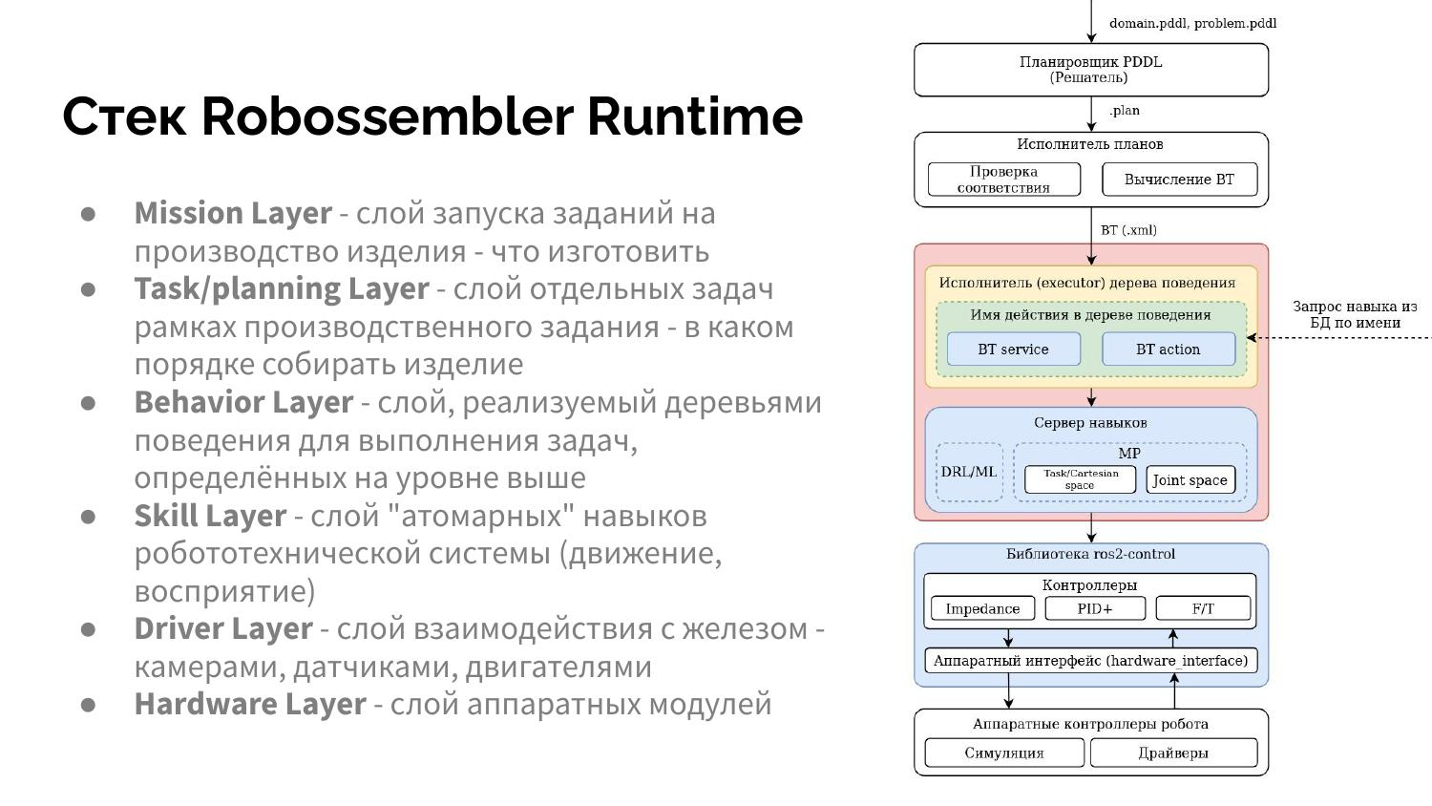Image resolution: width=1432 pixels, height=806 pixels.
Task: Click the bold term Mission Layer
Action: pos(233,213)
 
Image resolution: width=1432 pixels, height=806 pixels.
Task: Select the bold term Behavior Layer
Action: pos(243,402)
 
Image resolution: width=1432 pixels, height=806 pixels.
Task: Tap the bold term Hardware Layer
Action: pos(250,704)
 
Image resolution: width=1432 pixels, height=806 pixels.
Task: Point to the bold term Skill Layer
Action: pos(210,516)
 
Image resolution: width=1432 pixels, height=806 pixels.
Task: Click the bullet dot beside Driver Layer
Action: pos(89,629)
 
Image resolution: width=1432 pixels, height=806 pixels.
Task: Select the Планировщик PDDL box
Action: pos(1090,70)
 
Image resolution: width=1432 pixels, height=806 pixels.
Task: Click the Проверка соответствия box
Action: pos(1003,180)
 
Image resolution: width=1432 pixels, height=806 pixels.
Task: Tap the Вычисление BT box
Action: pos(1179,180)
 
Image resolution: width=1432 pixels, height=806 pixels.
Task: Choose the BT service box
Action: pos(1013,350)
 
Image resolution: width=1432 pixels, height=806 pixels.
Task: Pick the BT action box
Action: pos(1168,350)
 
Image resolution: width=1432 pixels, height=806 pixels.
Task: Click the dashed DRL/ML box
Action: pos(969,472)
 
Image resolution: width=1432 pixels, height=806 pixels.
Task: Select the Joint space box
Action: pos(1190,480)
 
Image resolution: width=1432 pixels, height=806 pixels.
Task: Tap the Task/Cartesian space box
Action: pos(1080,479)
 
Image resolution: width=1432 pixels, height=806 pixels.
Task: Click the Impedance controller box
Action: pos(982,608)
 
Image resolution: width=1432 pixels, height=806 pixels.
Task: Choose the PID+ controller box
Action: pos(1094,608)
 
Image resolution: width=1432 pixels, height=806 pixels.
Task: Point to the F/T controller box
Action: pos(1203,608)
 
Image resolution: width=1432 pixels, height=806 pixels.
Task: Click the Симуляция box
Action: pos(1004,753)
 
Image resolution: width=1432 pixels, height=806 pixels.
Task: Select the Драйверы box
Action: pos(1173,753)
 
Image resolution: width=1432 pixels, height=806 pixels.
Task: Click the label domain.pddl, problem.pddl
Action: pos(1192,23)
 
